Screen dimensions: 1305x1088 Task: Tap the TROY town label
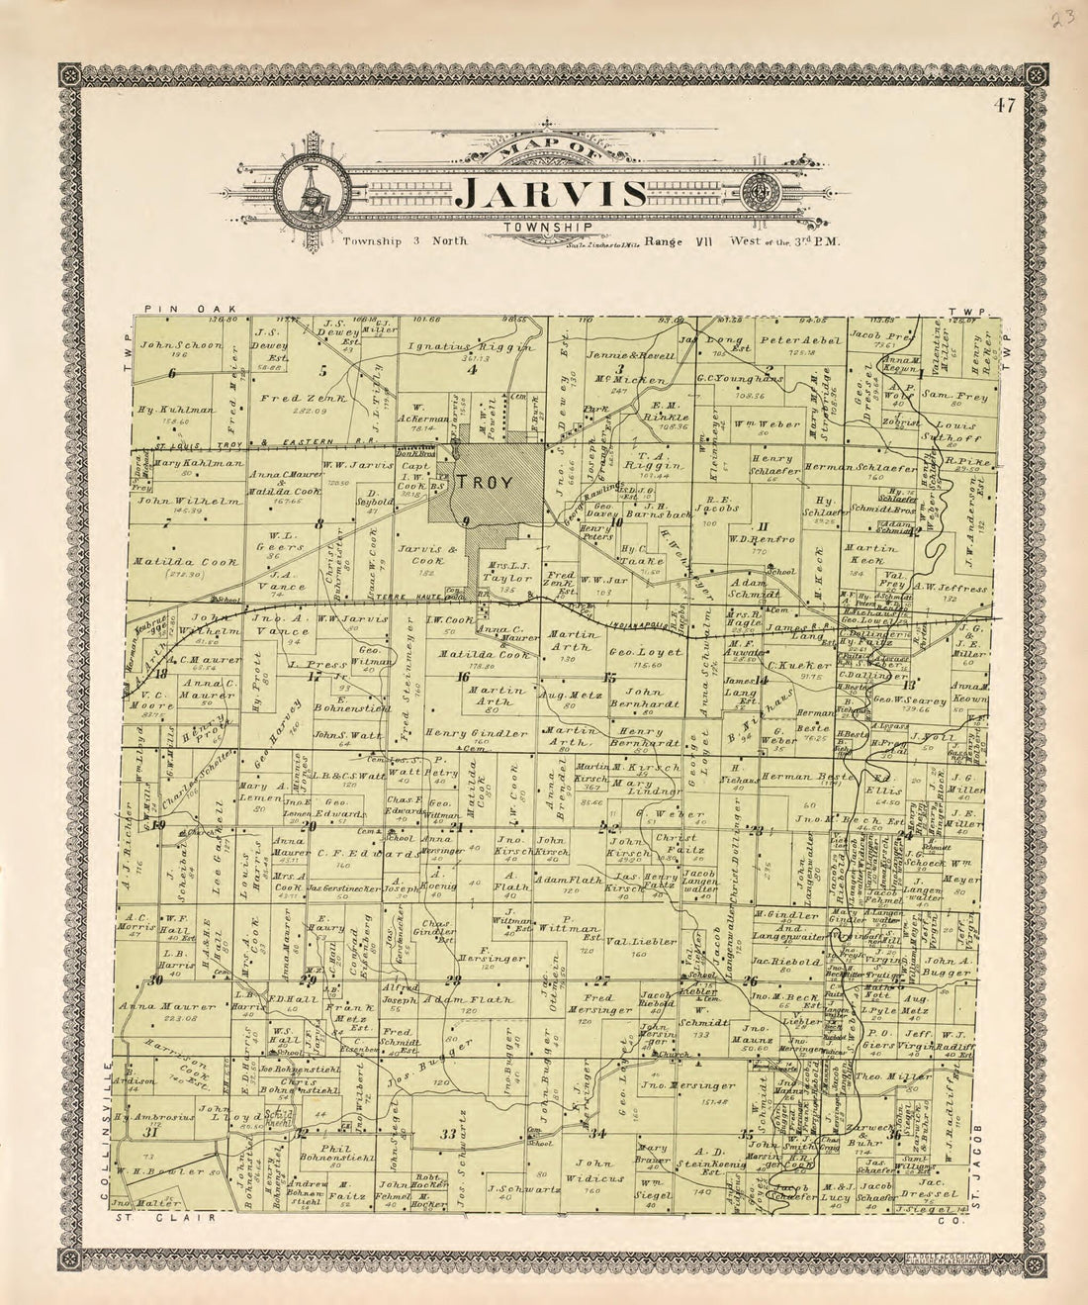pos(485,484)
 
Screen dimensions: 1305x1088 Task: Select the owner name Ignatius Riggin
pos(482,348)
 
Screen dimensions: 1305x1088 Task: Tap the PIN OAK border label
pos(169,309)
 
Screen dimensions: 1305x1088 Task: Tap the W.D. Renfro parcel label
pos(759,540)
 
